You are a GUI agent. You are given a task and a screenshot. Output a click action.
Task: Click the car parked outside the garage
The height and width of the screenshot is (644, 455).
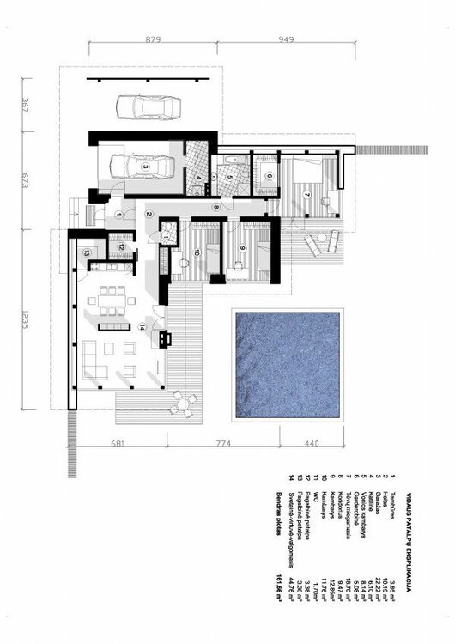tap(146, 107)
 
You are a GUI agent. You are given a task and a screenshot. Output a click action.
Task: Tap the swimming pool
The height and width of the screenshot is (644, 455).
tap(286, 365)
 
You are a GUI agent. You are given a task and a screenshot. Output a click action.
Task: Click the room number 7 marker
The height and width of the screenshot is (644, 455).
tap(306, 195)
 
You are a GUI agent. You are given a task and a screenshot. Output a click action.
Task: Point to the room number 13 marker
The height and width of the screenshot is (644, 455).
tap(87, 252)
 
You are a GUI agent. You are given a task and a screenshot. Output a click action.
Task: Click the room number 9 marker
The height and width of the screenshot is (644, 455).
tap(242, 248)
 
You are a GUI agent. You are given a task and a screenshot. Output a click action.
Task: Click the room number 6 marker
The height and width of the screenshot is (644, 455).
tap(269, 176)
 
